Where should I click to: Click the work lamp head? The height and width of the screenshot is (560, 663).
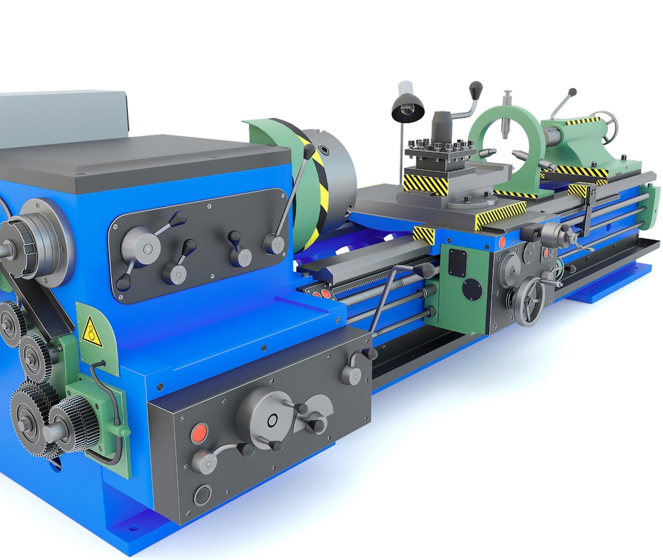pyautogui.click(x=408, y=110)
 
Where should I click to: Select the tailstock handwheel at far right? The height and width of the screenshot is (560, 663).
pyautogui.click(x=607, y=124)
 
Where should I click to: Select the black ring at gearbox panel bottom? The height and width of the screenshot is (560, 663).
pyautogui.click(x=202, y=495)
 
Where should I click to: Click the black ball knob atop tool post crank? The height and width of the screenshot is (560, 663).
pyautogui.click(x=476, y=88)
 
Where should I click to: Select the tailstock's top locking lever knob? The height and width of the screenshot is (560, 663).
pyautogui.click(x=572, y=92)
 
